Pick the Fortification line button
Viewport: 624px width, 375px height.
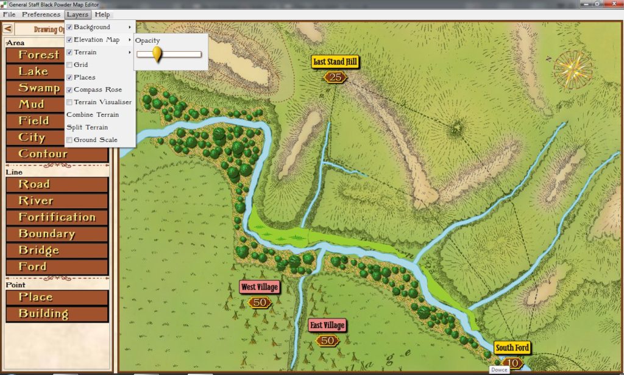coord(56,217)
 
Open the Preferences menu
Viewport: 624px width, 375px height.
coord(41,14)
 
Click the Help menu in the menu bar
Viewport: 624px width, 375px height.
coord(102,14)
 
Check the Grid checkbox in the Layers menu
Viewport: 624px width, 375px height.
coord(69,65)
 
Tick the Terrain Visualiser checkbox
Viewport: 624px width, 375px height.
coord(69,102)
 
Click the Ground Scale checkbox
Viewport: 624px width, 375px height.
coord(69,140)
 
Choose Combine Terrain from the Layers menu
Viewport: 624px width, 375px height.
coord(92,114)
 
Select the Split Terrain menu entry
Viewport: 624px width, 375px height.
coord(87,127)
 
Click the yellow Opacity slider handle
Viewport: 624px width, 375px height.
coord(157,55)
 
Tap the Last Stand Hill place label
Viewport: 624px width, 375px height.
coord(335,61)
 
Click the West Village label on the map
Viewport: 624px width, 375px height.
coord(259,287)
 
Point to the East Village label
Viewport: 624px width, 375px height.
coord(327,325)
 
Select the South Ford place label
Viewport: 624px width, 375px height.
coord(512,348)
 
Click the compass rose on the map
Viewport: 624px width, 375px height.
coord(573,68)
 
